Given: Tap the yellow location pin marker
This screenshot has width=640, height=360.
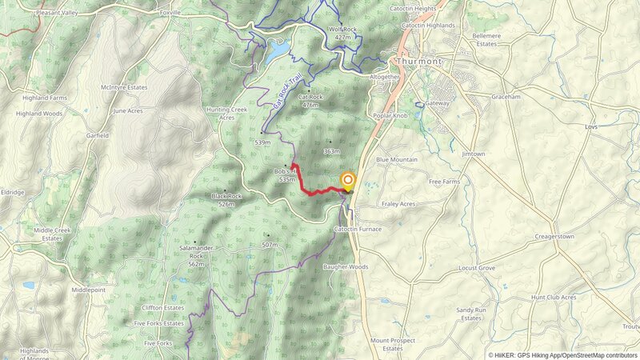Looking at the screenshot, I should coord(348,181).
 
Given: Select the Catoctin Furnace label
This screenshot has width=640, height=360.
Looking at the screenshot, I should coord(358,229).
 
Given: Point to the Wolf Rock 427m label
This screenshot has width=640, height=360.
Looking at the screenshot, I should coord(342,33).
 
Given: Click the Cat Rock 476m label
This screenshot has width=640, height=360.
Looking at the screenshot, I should coord(309,101).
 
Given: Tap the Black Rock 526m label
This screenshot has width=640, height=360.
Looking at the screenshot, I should coord(226,199).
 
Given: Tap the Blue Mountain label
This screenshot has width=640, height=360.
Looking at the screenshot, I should coord(397,160).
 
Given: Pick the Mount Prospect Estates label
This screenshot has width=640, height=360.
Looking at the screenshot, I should coord(392,344).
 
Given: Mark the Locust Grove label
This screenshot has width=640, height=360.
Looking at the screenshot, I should coord(477,269).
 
